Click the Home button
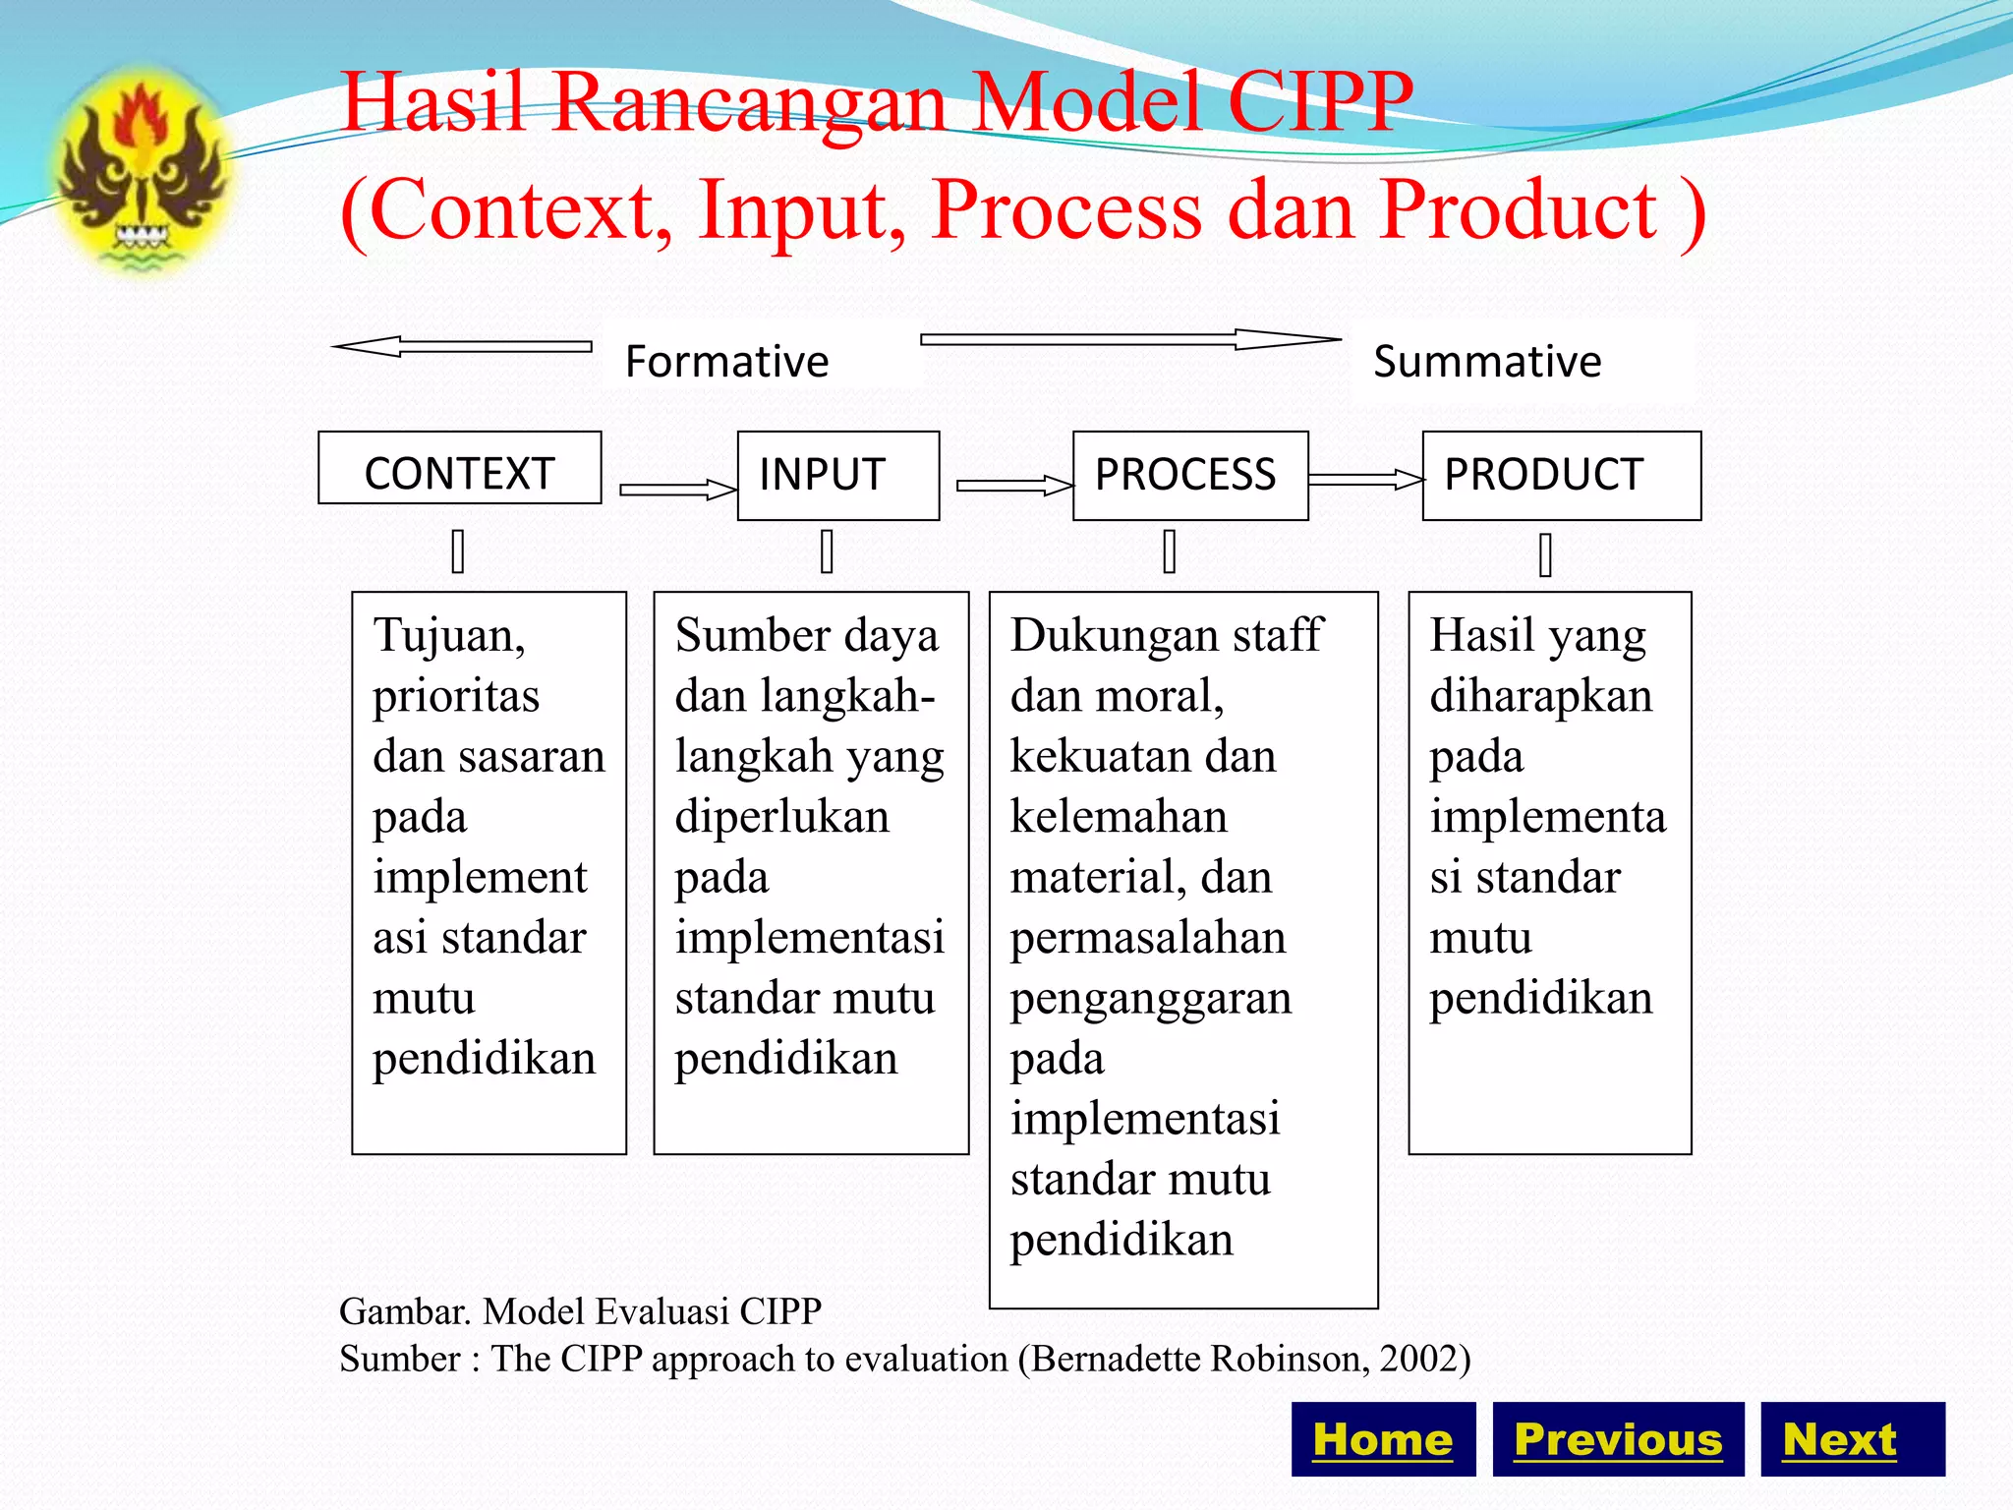[x=1382, y=1439]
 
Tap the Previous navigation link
[x=1618, y=1439]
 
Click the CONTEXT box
[x=459, y=469]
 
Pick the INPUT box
[x=837, y=475]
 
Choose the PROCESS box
[x=1189, y=475]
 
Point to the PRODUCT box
[x=1561, y=475]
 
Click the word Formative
[x=726, y=361]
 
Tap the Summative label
[x=1486, y=361]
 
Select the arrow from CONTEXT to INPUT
[x=676, y=490]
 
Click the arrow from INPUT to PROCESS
[x=1013, y=485]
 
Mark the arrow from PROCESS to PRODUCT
[x=1364, y=480]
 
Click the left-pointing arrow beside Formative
[x=462, y=346]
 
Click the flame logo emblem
[x=143, y=172]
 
